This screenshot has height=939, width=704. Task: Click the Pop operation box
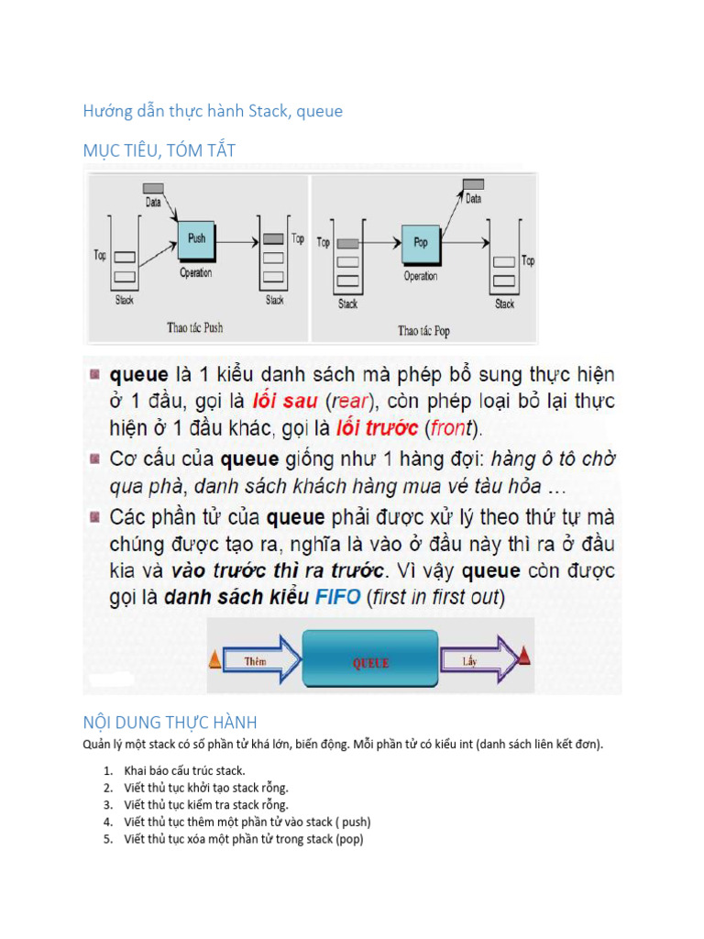click(x=420, y=243)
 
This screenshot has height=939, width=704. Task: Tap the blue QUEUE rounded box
click(x=370, y=662)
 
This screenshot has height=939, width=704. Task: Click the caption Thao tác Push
click(x=194, y=326)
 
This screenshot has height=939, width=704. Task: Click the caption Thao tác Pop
click(x=423, y=330)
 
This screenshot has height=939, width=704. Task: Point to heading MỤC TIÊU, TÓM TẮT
click(x=159, y=151)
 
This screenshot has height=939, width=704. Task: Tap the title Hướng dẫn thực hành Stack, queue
click(x=213, y=111)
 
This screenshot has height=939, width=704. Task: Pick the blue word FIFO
click(x=339, y=598)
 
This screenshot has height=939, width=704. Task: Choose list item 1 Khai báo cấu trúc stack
click(x=184, y=770)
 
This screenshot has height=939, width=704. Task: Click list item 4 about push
click(x=247, y=822)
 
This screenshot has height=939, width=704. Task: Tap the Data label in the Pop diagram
click(x=473, y=198)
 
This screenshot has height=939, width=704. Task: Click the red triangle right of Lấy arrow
click(x=523, y=655)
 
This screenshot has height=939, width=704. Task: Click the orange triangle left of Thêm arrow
click(x=215, y=658)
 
